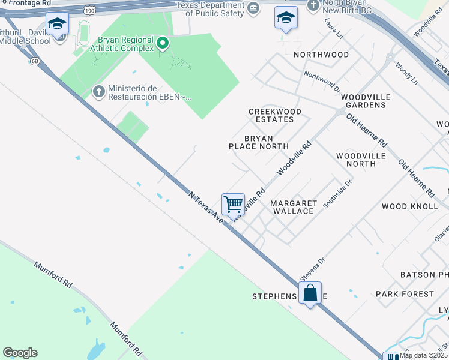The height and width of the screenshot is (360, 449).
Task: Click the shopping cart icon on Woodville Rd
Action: click(233, 204)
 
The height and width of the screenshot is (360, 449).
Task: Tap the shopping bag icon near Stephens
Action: click(310, 293)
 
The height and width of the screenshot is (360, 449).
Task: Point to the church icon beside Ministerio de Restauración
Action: click(99, 92)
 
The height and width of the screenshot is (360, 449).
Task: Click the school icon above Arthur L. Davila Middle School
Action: click(58, 24)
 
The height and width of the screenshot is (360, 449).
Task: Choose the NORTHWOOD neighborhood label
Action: click(321, 55)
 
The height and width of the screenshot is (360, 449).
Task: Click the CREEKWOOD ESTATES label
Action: click(275, 115)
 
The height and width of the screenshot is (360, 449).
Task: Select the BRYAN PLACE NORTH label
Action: click(259, 142)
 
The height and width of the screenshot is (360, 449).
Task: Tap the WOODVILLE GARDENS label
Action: click(366, 101)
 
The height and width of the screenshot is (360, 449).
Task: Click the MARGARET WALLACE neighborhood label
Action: click(294, 207)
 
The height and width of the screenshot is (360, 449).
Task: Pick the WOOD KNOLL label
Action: click(410, 206)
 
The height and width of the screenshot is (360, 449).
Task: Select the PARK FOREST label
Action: click(405, 294)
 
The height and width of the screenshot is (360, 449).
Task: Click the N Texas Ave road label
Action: click(206, 208)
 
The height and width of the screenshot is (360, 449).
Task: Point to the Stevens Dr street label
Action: click(312, 269)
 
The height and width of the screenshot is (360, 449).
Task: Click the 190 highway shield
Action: click(90, 10)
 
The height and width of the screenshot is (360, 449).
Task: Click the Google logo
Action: click(20, 353)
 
